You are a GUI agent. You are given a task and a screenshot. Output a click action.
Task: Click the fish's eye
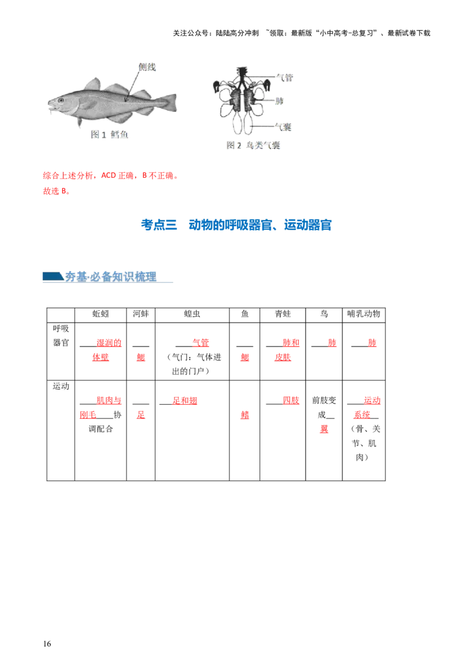[60, 100]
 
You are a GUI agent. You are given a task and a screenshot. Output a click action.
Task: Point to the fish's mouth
[49, 107]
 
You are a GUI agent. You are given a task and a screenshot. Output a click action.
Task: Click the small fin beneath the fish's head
[80, 122]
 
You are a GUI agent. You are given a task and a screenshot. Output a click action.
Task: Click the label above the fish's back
[147, 67]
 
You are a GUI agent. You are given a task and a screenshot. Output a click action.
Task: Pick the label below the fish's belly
[110, 135]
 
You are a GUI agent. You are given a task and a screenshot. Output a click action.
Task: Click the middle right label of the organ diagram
[280, 101]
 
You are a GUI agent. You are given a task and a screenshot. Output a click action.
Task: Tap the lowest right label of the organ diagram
[286, 126]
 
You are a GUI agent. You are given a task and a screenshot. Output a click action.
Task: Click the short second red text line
[56, 191]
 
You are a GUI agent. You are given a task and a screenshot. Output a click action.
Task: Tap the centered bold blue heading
[237, 225]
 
